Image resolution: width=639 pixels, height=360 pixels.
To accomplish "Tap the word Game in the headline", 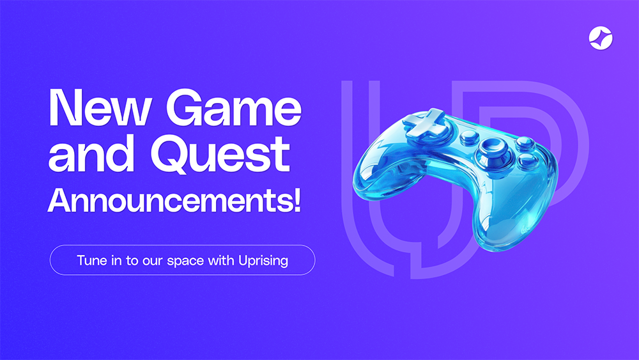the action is tap(233, 107).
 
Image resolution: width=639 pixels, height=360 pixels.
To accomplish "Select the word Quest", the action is tap(220, 154).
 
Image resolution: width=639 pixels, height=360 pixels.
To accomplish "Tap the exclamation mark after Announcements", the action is tap(297, 200).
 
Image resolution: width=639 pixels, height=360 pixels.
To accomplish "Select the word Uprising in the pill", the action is tap(263, 261).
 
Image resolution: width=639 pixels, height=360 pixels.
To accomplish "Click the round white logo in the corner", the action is tap(601, 38).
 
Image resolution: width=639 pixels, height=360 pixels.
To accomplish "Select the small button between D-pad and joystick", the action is tap(470, 137).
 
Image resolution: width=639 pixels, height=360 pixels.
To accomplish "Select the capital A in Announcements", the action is tap(59, 200).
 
